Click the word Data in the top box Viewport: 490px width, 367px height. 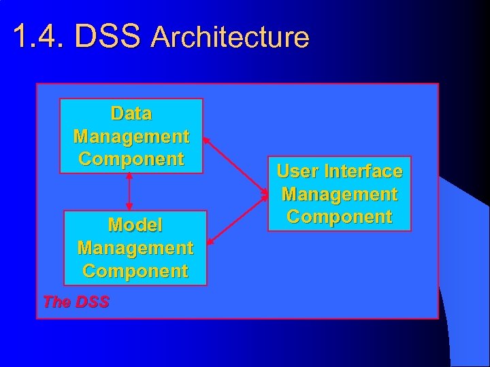(x=131, y=113)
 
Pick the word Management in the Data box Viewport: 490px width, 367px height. (x=131, y=136)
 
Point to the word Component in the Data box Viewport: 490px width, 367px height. (x=131, y=159)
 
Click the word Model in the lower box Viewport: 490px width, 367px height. (x=135, y=225)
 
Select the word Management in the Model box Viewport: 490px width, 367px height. (x=135, y=248)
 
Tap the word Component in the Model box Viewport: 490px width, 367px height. (x=135, y=271)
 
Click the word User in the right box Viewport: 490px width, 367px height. (x=297, y=171)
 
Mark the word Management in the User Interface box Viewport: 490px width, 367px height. (x=339, y=194)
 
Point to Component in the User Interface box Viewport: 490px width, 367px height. (x=339, y=217)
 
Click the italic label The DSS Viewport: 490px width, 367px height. (x=76, y=302)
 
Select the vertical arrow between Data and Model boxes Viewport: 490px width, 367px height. (x=129, y=192)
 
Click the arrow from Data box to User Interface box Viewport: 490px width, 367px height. (x=235, y=164)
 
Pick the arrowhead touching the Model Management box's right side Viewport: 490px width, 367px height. (x=210, y=240)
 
